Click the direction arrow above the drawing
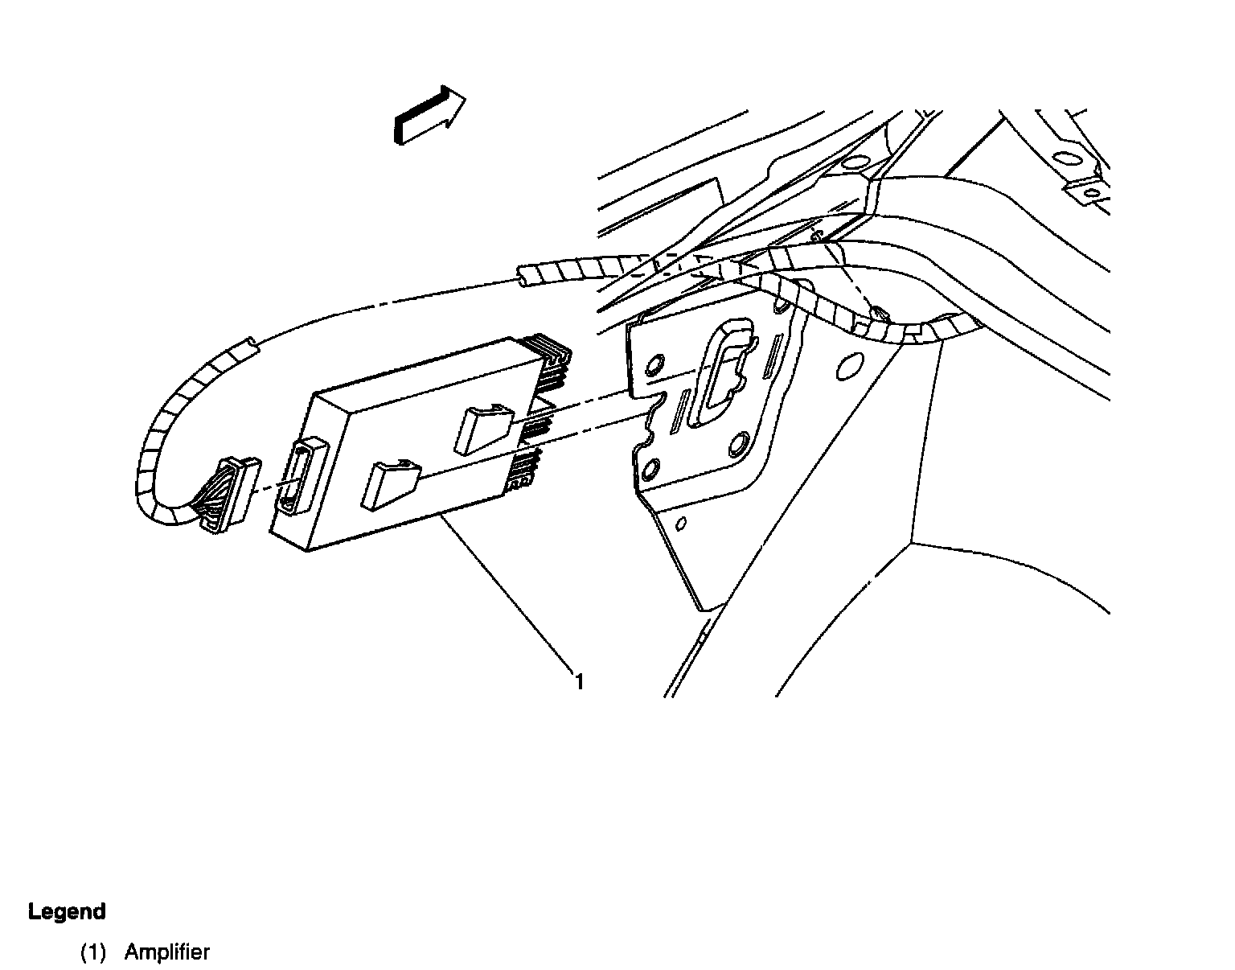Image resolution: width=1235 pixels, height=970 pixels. (429, 115)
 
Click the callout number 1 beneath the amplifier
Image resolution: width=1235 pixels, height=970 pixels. (578, 682)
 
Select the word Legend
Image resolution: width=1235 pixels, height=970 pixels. (67, 911)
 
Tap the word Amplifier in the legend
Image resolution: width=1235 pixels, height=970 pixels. (167, 952)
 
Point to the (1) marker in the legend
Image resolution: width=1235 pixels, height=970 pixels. (92, 952)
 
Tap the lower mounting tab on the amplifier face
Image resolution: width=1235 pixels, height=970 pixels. (388, 483)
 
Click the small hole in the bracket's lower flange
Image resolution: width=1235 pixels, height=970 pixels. (681, 525)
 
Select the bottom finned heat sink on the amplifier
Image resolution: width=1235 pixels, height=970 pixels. (523, 471)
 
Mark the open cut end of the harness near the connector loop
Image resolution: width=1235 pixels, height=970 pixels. (245, 348)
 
